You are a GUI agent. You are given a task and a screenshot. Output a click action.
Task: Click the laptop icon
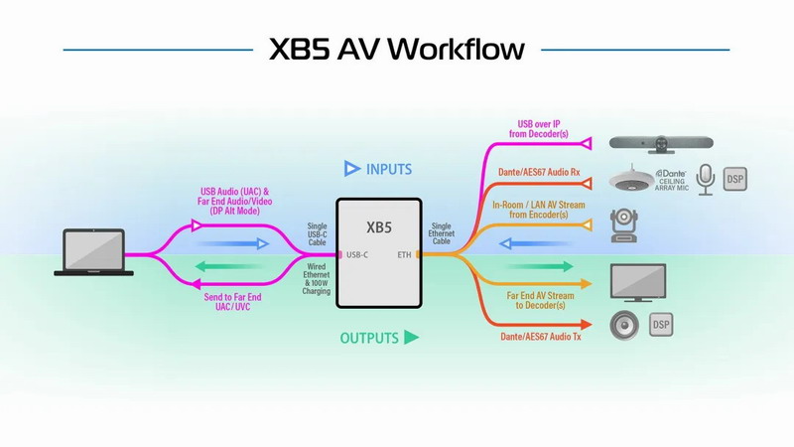(93, 252)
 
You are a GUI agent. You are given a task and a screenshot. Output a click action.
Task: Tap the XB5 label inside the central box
(379, 227)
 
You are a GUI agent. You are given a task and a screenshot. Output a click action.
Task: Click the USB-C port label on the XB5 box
(357, 255)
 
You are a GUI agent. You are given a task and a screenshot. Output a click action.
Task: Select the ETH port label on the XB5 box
(404, 255)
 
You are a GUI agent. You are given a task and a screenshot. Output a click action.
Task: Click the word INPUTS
(389, 169)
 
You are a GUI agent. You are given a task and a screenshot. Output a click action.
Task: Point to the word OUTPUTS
(369, 338)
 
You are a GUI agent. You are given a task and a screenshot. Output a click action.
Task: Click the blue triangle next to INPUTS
(352, 168)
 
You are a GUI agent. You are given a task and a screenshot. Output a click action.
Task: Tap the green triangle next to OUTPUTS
(411, 337)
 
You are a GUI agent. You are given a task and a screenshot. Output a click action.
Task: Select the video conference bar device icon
(661, 144)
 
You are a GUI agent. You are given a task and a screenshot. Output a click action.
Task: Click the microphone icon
(706, 180)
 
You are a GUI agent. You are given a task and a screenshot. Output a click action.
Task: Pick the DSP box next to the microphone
(734, 179)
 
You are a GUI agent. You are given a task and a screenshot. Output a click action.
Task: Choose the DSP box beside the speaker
(661, 325)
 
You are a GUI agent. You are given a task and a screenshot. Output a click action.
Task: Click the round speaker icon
(624, 325)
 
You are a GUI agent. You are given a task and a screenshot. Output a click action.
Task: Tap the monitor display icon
(638, 283)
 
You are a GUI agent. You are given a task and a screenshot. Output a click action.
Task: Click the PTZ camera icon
(624, 225)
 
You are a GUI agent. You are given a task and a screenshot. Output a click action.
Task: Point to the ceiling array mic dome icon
(631, 179)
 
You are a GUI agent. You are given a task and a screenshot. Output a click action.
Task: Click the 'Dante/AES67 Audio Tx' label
(541, 337)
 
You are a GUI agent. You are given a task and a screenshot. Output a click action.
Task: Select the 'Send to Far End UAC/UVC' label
(233, 302)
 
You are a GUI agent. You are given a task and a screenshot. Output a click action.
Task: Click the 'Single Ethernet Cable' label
(441, 233)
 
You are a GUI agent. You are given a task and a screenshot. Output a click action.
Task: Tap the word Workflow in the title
(457, 49)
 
